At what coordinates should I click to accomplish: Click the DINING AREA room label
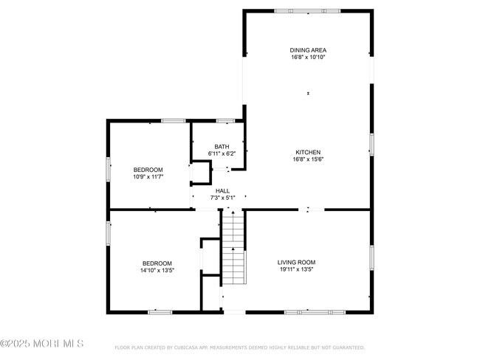point(307,49)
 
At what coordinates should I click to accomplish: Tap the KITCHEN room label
point(307,152)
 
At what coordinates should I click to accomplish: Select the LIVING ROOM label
point(296,262)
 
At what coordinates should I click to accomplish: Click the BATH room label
point(222,146)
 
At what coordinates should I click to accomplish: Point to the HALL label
point(222,190)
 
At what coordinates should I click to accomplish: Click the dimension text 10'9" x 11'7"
point(148,177)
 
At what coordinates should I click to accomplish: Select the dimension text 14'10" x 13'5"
point(157,271)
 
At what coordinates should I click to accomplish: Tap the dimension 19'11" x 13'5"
point(296,269)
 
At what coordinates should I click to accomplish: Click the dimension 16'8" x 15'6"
point(307,159)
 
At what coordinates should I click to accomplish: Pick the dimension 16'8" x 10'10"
point(307,57)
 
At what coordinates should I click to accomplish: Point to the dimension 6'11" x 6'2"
point(222,153)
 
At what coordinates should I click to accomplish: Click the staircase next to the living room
point(233,247)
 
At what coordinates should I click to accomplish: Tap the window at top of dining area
point(307,11)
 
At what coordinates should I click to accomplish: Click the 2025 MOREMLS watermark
point(42,344)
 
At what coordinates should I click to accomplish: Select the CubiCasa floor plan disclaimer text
point(239,347)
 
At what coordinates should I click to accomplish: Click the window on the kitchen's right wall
point(371,144)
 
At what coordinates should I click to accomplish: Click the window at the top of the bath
point(225,120)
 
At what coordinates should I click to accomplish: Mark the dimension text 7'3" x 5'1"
point(222,198)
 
